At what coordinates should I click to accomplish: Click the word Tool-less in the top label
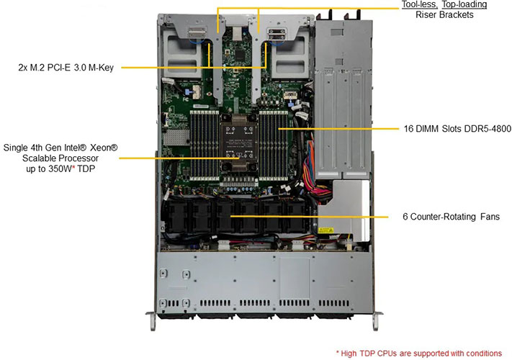(419, 4)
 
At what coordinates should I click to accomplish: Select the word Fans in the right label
(490, 217)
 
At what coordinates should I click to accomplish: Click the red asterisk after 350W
(73, 168)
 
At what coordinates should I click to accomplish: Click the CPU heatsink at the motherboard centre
(239, 143)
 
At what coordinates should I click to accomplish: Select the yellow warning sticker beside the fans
(325, 230)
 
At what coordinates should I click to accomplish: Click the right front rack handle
(377, 321)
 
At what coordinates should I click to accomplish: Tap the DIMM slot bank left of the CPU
(205, 145)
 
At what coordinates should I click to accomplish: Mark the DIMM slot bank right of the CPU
(274, 145)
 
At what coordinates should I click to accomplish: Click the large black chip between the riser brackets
(240, 55)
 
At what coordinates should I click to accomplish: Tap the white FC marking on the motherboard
(185, 99)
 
